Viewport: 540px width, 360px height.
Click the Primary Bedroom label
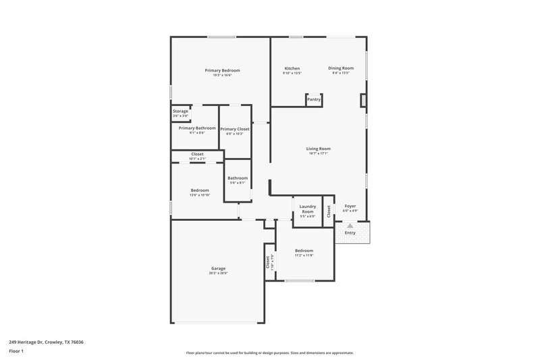(222, 70)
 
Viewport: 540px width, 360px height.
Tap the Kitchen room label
(292, 68)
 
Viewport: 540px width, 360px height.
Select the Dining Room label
(341, 68)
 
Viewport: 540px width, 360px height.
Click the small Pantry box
(314, 99)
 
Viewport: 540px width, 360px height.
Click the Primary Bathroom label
(197, 128)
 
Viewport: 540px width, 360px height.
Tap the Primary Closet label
(234, 129)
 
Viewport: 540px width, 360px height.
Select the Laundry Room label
(307, 209)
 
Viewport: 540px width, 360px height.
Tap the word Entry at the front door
(350, 233)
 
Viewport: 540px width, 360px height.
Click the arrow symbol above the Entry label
(350, 226)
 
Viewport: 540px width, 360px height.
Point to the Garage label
(218, 268)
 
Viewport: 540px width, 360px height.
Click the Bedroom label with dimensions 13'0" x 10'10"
(199, 190)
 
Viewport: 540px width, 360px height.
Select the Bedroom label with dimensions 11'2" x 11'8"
(304, 251)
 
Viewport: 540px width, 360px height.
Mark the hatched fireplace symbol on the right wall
(363, 101)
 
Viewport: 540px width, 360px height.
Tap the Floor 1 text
(16, 351)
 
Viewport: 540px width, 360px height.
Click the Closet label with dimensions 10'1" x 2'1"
(197, 155)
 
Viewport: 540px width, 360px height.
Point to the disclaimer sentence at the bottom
(269, 353)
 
